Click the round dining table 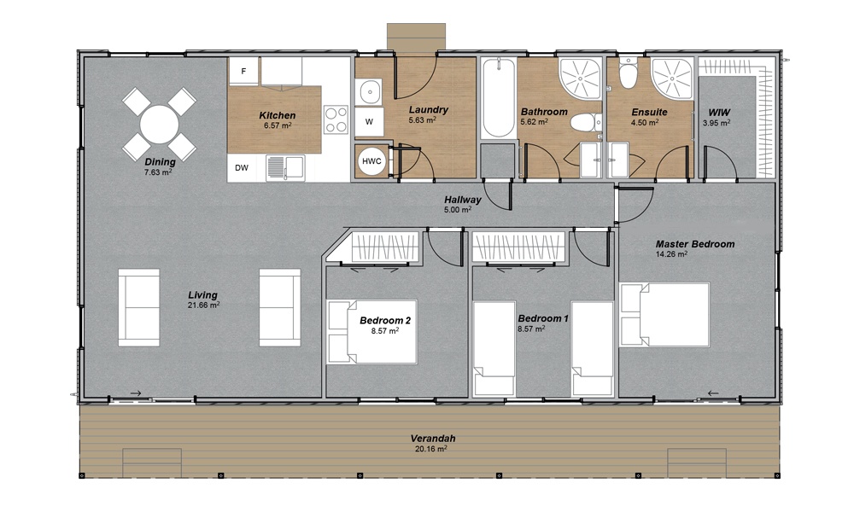(159, 125)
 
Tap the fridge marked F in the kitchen (243, 72)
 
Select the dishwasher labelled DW (243, 167)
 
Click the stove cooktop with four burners (336, 119)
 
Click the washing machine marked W (369, 122)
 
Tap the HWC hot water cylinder (371, 161)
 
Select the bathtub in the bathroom (497, 99)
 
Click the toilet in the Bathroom (582, 123)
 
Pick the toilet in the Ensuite (629, 75)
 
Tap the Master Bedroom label (694, 244)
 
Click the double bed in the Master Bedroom (665, 316)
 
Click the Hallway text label (462, 201)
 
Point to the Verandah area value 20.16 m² (431, 448)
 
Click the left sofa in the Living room (138, 307)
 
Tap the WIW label (718, 112)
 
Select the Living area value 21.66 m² (203, 305)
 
